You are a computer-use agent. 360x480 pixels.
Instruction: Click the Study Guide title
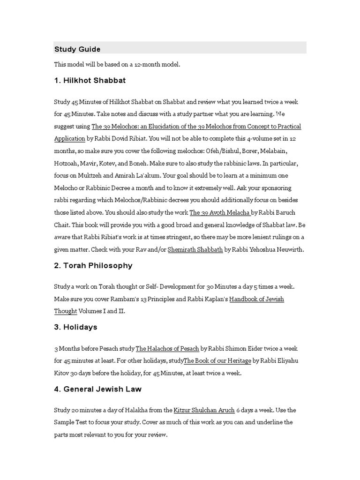77,49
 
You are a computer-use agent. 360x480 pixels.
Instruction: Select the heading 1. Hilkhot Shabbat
90,80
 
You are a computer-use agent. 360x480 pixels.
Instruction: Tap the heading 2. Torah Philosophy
93,265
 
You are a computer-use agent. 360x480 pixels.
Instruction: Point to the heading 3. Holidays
76,327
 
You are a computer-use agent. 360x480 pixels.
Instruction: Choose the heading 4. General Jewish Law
98,389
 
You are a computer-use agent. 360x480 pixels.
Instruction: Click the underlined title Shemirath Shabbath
195,249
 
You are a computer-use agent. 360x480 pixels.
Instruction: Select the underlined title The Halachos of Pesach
167,348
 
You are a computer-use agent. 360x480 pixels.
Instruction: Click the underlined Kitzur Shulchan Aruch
204,410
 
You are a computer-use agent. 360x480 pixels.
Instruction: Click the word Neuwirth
290,249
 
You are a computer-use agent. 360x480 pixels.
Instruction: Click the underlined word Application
69,139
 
